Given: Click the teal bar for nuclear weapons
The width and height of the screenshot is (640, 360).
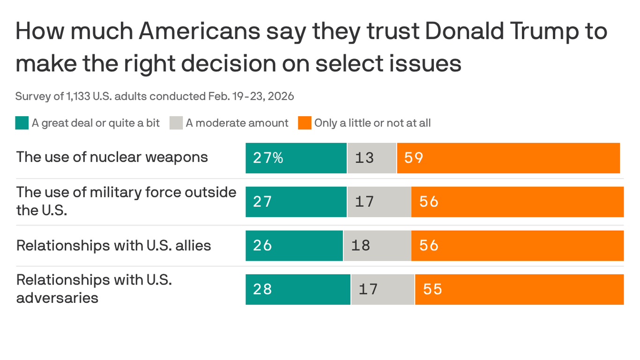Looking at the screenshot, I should pos(296,158).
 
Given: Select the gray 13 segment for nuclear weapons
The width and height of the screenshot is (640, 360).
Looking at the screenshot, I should pos(372,158).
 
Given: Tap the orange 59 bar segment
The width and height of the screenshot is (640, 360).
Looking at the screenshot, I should pos(508,158).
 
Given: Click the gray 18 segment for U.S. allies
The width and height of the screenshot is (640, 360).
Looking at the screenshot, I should pos(377,246).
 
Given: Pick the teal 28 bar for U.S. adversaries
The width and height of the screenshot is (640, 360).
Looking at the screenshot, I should pos(298,289).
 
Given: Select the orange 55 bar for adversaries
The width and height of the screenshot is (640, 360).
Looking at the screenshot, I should pos(519,289).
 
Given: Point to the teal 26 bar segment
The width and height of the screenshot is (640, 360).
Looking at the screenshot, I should pos(294,246).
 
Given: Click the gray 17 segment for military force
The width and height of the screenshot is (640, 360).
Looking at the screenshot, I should pos(379,202).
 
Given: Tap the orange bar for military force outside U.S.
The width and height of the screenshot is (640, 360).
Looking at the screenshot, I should pos(517,202).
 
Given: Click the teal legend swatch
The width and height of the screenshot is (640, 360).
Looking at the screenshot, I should pos(22,123).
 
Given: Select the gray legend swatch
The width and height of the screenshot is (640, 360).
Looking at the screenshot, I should pos(176,123).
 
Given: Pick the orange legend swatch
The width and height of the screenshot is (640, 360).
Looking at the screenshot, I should pos(305,123).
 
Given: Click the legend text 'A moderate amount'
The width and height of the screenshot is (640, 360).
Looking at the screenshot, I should pos(237,123).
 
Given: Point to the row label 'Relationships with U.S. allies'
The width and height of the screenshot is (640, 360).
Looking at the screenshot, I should pos(113,246).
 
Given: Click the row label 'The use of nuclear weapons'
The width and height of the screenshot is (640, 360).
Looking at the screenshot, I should pos(112,157).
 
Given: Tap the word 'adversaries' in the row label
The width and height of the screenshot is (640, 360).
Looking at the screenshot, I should pos(57,298).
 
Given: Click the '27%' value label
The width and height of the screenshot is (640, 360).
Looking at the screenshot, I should pos(268,158).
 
